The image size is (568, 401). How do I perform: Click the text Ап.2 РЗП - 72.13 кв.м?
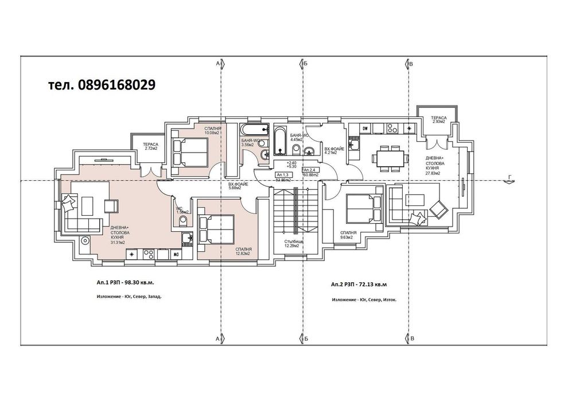(359, 284)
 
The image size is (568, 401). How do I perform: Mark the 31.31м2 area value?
(118, 242)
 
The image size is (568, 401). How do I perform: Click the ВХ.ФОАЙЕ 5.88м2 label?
(238, 186)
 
